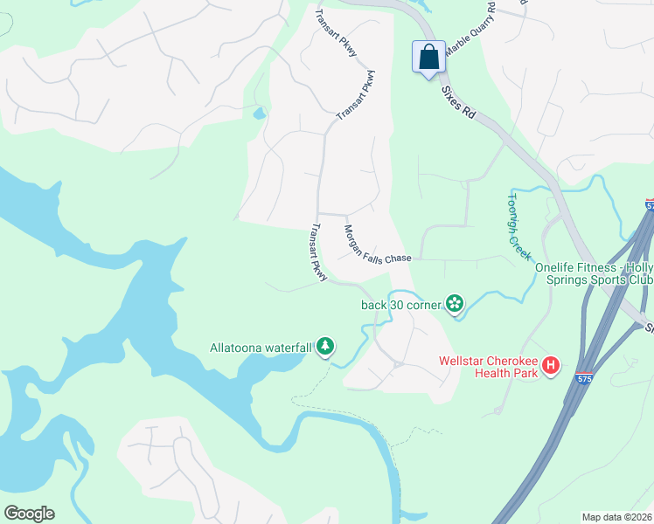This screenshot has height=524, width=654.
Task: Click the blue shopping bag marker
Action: click(428, 58)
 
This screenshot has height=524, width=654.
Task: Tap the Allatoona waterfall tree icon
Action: click(325, 347)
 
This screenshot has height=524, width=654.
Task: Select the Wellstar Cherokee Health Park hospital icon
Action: click(551, 365)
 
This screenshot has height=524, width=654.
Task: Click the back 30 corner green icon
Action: click(455, 304)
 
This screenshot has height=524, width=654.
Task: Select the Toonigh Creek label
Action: click(518, 225)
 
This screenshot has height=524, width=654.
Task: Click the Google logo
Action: click(29, 514)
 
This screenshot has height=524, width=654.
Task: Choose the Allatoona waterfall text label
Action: click(261, 348)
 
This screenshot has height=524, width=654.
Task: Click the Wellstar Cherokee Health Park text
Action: click(489, 367)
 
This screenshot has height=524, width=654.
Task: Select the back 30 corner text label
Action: click(401, 305)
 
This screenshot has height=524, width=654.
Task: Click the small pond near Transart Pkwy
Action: click(259, 114)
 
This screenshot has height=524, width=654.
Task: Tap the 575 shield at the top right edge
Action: click(650, 205)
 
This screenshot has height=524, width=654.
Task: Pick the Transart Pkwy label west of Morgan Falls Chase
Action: click(317, 253)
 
